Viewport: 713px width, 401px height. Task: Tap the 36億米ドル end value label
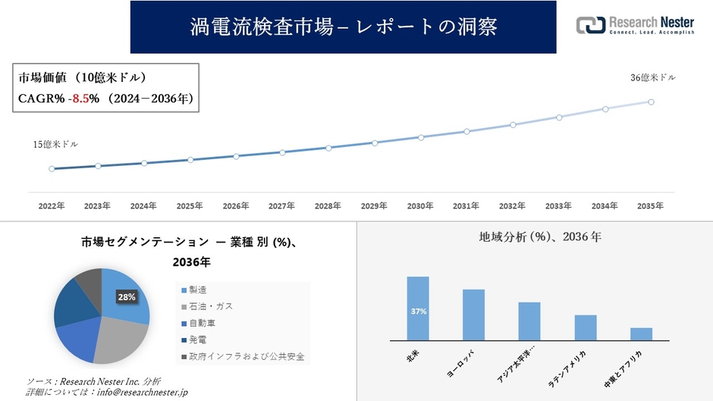tap(653, 77)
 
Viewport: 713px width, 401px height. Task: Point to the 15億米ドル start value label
tap(55, 144)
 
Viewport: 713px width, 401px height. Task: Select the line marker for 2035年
tap(651, 102)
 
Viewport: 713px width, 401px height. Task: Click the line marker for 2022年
tap(52, 169)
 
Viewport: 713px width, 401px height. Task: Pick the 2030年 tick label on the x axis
tap(420, 205)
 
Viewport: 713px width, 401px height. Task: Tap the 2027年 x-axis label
tap(281, 205)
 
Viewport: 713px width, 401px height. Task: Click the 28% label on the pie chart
tap(126, 297)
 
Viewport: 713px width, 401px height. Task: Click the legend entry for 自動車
tap(202, 323)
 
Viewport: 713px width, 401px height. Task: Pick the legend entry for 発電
tap(197, 340)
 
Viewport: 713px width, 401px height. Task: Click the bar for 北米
tap(418, 309)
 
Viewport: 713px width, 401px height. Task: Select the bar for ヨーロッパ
tap(473, 315)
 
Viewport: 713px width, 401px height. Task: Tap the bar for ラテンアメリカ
tap(585, 327)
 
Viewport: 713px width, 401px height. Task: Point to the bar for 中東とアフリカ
tap(641, 334)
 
